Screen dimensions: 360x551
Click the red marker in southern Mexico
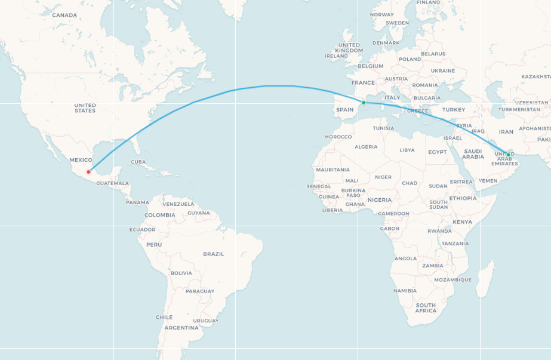click(88, 172)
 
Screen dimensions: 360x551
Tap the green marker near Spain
click(364, 103)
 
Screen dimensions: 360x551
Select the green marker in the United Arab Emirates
click(508, 154)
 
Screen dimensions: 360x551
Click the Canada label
click(64, 15)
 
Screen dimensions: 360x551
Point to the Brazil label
click(213, 254)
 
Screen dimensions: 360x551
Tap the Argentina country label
click(181, 328)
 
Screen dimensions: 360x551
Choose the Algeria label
click(366, 147)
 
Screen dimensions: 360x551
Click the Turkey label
click(453, 110)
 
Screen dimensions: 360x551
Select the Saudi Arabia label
click(473, 154)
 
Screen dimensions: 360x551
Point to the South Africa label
click(426, 308)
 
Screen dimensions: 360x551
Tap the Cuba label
click(138, 162)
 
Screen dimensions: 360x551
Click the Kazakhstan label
click(535, 77)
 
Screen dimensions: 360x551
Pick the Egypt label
click(437, 152)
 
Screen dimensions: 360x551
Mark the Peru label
click(154, 244)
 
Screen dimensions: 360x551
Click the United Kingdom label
click(349, 48)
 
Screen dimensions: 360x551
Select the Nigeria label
click(380, 199)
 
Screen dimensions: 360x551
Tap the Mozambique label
click(453, 279)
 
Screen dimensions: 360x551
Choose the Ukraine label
click(442, 70)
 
